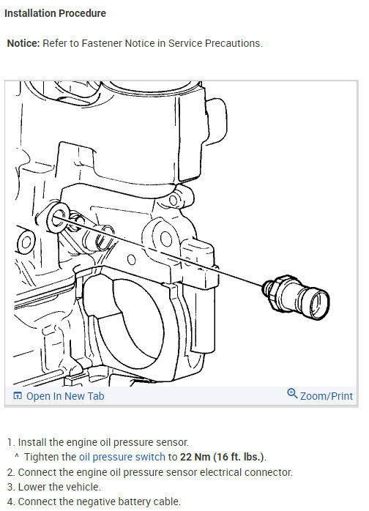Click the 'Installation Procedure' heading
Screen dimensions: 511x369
(x=56, y=13)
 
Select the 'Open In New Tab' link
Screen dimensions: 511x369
(x=65, y=396)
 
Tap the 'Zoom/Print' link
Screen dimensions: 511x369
(x=327, y=396)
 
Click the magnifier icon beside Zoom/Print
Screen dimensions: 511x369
(x=293, y=395)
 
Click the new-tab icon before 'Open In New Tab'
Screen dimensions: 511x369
(x=18, y=396)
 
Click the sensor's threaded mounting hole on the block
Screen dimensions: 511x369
(x=58, y=215)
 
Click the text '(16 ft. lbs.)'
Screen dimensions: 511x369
(x=238, y=457)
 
